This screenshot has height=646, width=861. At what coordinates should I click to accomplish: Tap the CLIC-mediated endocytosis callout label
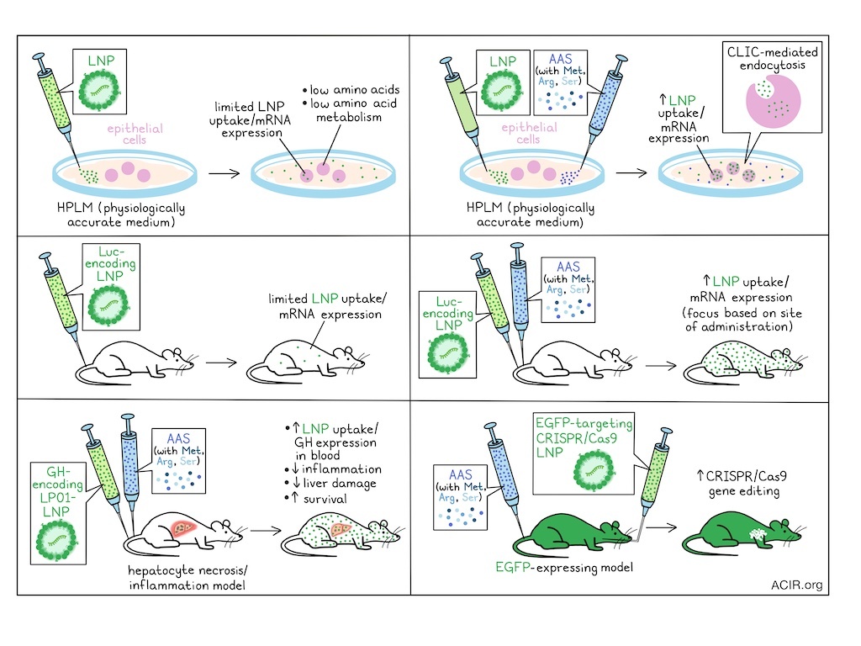coord(772,58)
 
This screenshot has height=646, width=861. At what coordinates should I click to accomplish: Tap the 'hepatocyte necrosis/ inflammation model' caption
coord(185,578)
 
